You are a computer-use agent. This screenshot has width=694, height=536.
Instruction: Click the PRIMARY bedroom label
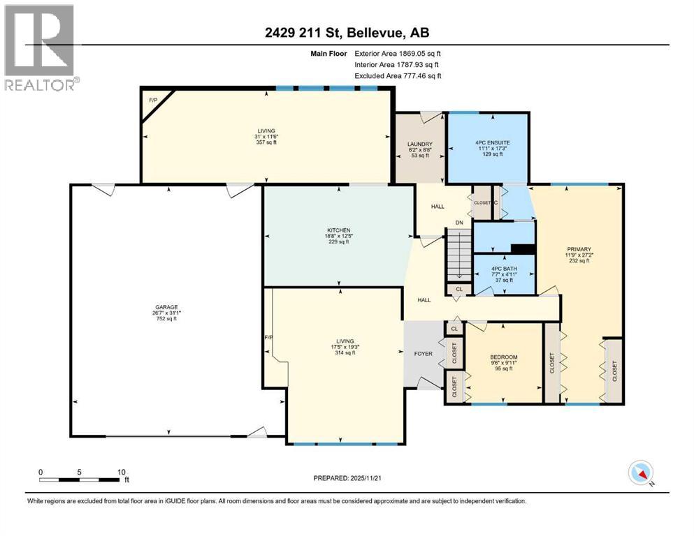pos(579,249)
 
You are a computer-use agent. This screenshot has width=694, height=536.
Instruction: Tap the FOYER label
pos(424,354)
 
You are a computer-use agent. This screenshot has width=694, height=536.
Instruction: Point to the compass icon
pos(641,472)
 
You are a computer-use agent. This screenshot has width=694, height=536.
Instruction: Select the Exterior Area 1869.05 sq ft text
pos(398,53)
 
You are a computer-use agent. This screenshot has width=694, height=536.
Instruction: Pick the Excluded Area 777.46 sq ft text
pos(398,75)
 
